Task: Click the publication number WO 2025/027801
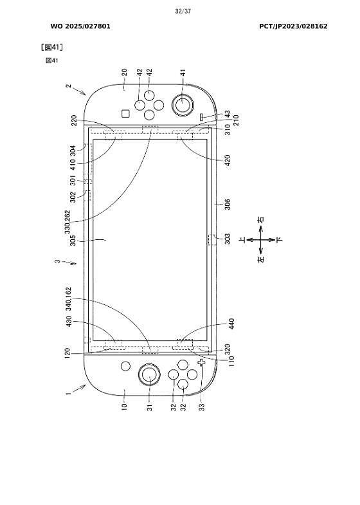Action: [x=80, y=26]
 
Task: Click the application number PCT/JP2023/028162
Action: [x=293, y=26]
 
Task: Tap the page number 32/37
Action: [x=183, y=12]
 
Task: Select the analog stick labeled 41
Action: [x=183, y=104]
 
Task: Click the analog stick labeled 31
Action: [x=149, y=374]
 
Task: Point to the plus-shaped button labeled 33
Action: [x=202, y=362]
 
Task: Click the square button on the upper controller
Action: [x=125, y=114]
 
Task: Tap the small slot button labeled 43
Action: [x=202, y=117]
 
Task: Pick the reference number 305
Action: [x=73, y=240]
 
